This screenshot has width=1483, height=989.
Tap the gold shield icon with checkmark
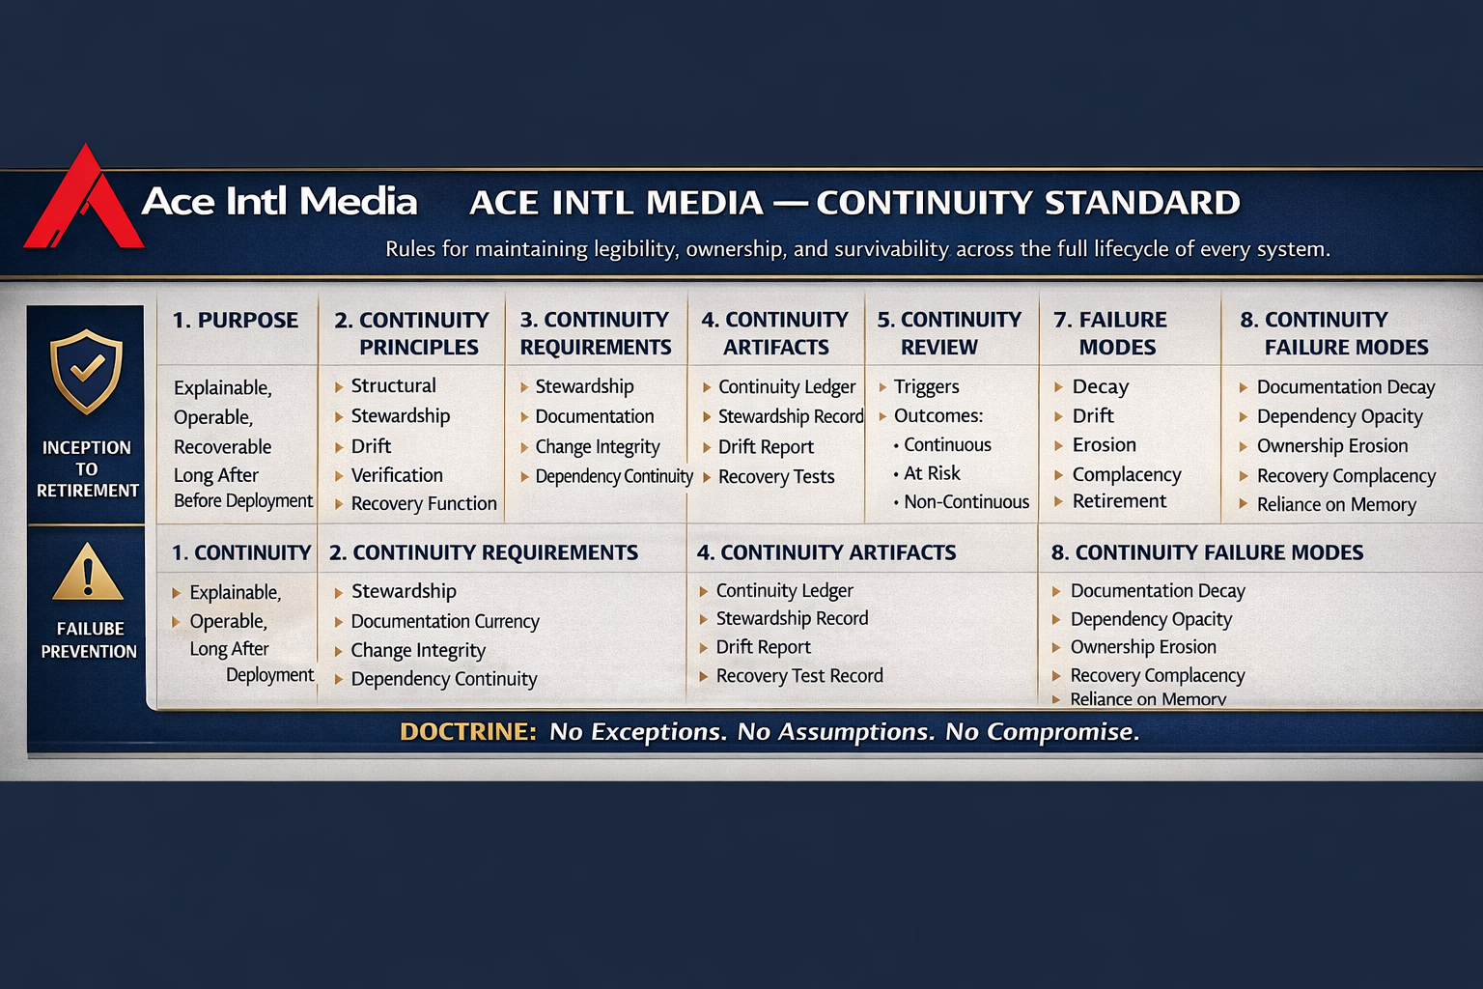[87, 371]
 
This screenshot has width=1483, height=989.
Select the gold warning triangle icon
[88, 573]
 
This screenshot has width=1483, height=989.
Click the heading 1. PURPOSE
[236, 321]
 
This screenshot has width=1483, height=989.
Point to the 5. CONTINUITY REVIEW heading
[948, 333]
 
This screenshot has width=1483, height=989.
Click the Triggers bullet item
[926, 387]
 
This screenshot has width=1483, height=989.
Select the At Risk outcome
[932, 473]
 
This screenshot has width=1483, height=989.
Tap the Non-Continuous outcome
[965, 502]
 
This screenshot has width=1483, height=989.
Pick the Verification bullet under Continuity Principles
[397, 475]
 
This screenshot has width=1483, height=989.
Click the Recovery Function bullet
[424, 504]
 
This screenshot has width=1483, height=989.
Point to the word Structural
[393, 386]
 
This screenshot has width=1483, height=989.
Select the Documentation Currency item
[445, 622]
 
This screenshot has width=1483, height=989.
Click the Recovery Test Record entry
[799, 676]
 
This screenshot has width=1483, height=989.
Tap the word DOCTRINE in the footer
[467, 732]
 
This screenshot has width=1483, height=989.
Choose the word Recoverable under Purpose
[222, 447]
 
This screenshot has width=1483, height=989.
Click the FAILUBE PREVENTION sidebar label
[89, 639]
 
